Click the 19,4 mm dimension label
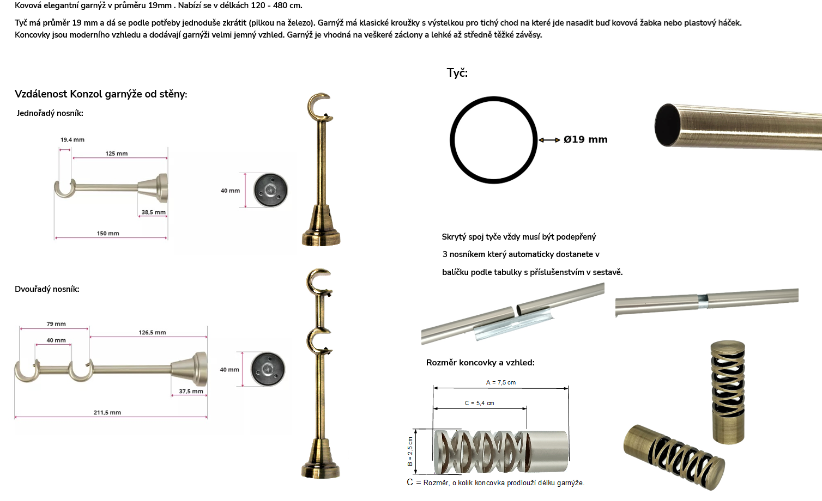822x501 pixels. coord(72,139)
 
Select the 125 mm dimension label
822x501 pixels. coord(116,154)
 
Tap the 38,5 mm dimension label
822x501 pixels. coord(153,212)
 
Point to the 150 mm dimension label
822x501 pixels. coord(108,234)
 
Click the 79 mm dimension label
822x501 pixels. coord(56,324)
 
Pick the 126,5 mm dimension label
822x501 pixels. coord(152,332)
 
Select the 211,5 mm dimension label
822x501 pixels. coord(107,412)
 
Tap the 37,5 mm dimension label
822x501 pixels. coord(191,392)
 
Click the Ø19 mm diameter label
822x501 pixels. coord(585,139)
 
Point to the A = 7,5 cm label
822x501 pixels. coord(501,383)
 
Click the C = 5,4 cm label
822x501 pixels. coord(480,403)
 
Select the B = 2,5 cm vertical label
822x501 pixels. coord(410,451)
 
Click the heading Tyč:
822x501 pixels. coord(457,73)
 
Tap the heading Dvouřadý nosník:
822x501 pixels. coord(47,289)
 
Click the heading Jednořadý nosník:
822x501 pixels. coord(50,113)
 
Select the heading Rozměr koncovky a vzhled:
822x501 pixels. coord(480,363)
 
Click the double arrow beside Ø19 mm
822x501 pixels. coord(549,140)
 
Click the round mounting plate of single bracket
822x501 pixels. coord(271,190)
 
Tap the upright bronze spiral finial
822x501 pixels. coord(728,392)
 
